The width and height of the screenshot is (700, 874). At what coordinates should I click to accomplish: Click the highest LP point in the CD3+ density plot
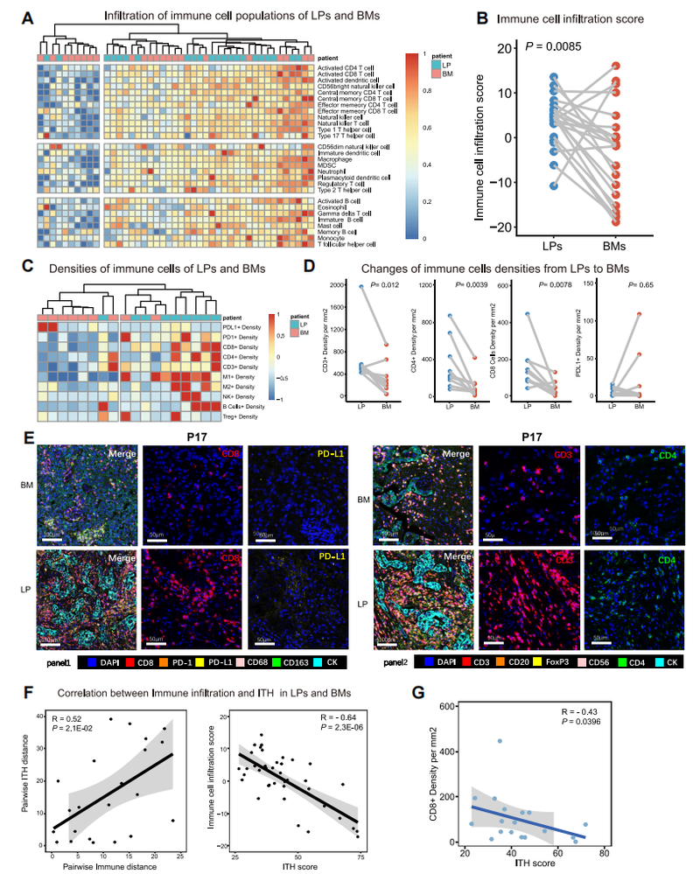(x=360, y=286)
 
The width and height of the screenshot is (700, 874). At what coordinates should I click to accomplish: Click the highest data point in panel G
(x=499, y=740)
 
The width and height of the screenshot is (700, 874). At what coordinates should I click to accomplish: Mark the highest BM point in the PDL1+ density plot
(x=640, y=314)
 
